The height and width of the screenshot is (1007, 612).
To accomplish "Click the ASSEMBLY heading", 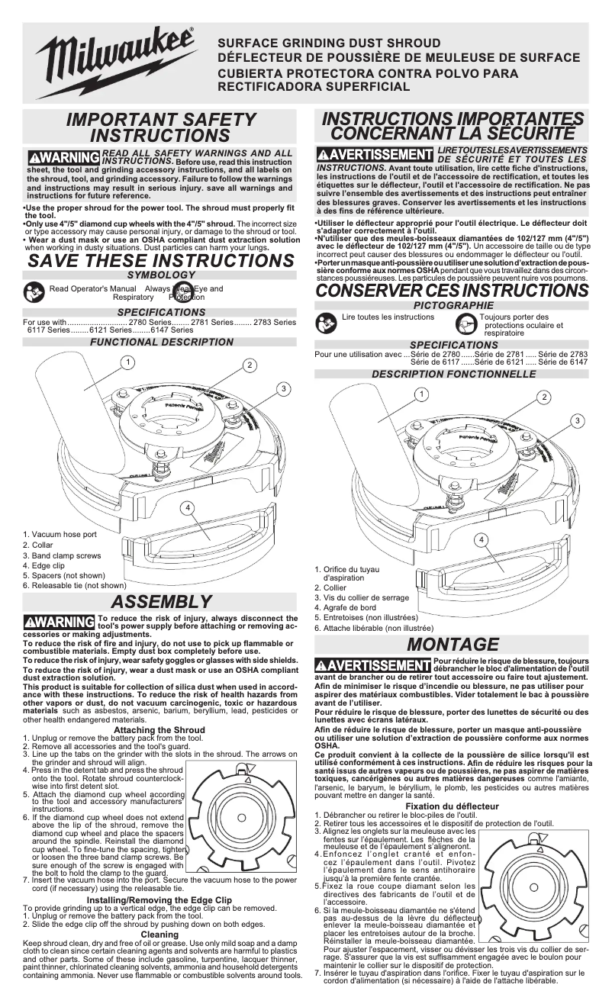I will (x=159, y=603).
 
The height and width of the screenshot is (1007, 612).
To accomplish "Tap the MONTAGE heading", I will (x=453, y=645).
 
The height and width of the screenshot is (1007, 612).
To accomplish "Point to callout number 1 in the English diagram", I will (x=130, y=361).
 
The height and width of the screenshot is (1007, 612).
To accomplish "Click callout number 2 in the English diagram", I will (x=250, y=365).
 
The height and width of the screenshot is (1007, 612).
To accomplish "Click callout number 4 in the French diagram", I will (x=481, y=540).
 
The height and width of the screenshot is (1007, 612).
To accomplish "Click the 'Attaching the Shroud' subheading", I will (x=159, y=730).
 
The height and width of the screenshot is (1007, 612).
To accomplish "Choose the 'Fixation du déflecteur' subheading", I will (x=453, y=806).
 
